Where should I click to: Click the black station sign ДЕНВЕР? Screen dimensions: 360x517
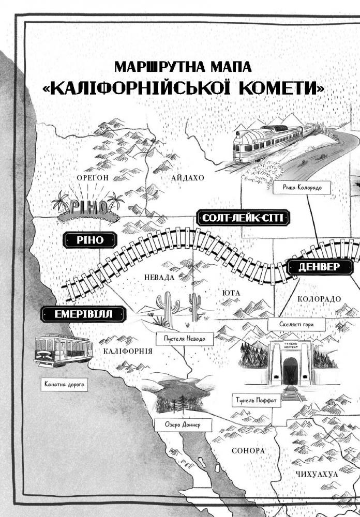tap(320, 267)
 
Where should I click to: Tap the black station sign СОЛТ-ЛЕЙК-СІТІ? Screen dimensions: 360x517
tap(243, 218)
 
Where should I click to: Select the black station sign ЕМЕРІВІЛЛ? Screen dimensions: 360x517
tap(83, 314)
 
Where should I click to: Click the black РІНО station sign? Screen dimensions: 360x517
tap(90, 240)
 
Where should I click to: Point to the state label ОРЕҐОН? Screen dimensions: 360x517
tap(93, 178)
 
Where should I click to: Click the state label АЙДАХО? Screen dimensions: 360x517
tap(187, 178)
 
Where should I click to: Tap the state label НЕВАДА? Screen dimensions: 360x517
tap(159, 277)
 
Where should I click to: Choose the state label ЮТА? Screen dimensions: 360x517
tap(231, 293)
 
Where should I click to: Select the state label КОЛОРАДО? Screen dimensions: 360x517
tap(319, 299)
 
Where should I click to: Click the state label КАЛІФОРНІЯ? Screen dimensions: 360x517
tap(128, 351)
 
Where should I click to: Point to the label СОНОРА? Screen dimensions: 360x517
tap(248, 451)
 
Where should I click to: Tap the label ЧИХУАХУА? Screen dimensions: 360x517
tap(317, 474)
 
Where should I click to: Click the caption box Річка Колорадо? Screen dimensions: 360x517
tap(302, 188)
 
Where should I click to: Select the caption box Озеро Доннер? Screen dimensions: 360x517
tap(183, 424)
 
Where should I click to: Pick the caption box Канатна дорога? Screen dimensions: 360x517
tap(64, 384)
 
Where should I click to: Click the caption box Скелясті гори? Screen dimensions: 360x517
tap(296, 324)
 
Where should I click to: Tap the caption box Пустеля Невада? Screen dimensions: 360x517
tap(185, 339)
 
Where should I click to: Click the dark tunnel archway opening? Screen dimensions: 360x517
tap(290, 371)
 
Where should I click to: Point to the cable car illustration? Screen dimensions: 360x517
tap(64, 350)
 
